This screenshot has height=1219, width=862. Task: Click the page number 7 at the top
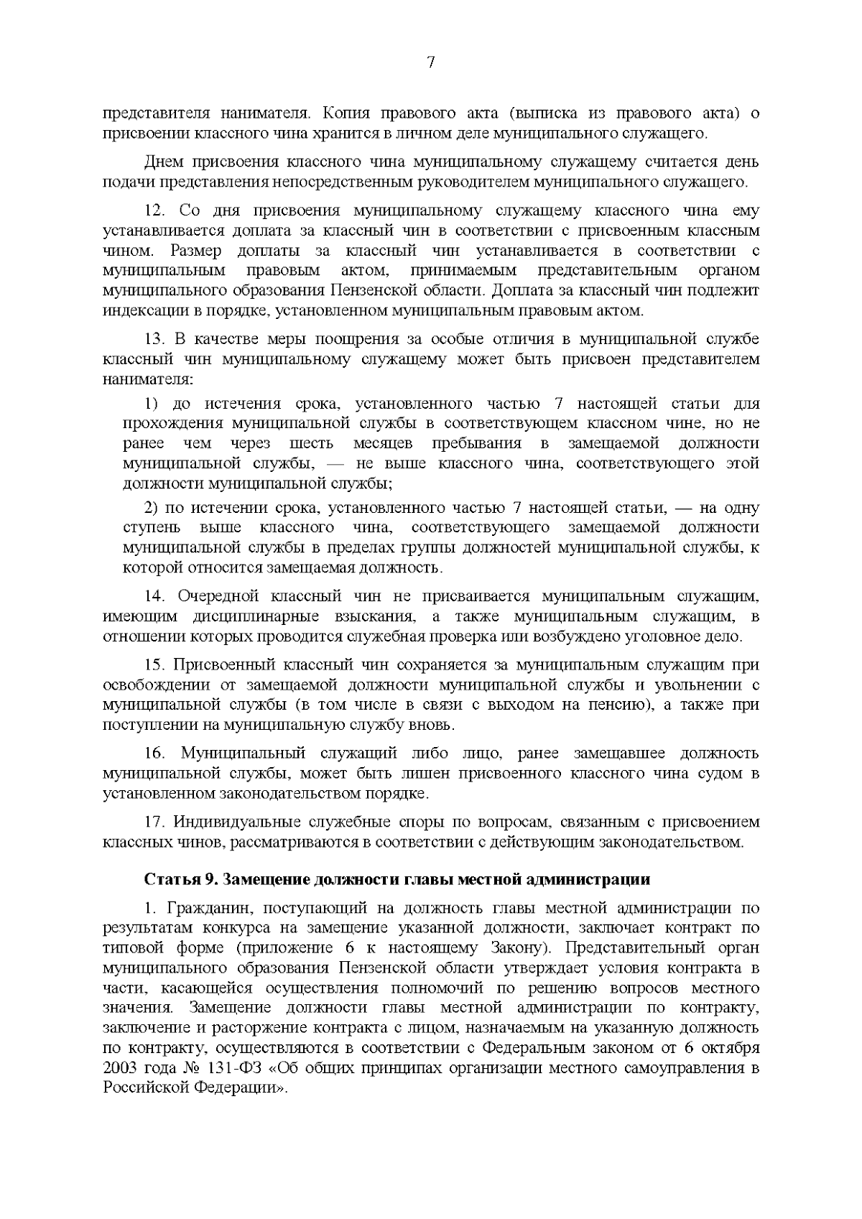[431, 62]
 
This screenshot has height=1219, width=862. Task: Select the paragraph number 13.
[155, 338]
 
